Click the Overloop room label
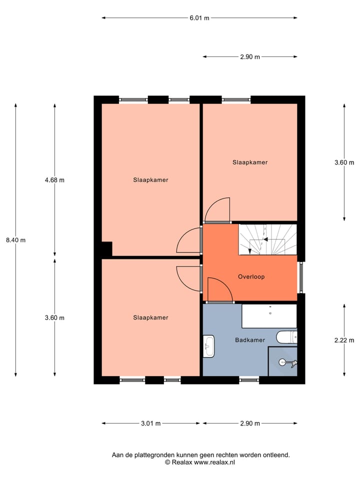point(251,276)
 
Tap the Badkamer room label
point(250,340)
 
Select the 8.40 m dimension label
point(15,240)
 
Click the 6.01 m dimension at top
point(199,18)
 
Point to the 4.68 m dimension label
point(54,180)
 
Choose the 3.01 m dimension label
point(150,423)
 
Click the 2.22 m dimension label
point(344,340)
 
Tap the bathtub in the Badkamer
point(269,315)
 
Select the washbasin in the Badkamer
point(209,346)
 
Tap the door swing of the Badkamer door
point(219,290)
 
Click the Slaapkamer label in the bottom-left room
point(150,317)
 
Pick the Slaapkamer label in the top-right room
point(250,162)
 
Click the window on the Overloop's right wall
point(301,277)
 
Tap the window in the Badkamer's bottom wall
point(248,380)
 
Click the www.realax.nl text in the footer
point(214,462)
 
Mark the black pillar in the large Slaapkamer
point(106,248)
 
